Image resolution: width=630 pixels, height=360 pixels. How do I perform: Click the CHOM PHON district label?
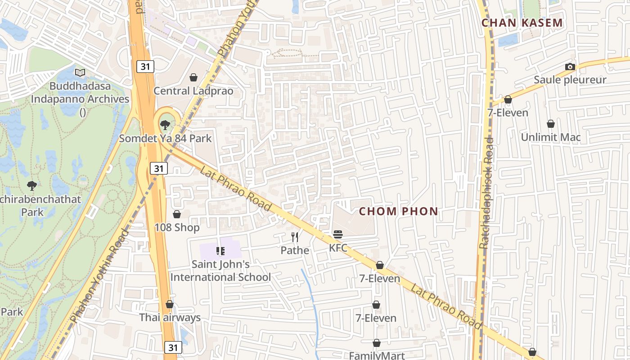click(398, 211)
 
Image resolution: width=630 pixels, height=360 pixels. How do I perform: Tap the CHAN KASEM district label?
click(522, 23)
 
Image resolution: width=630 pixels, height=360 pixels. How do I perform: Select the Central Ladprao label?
click(193, 91)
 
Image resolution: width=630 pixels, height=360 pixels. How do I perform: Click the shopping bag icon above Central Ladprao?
click(193, 77)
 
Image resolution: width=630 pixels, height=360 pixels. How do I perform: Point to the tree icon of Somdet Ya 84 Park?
click(165, 125)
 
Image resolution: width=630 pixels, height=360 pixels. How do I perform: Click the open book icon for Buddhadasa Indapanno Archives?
click(80, 72)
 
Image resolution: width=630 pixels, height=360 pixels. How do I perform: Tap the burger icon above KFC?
click(338, 234)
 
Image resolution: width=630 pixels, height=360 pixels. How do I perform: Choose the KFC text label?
click(338, 248)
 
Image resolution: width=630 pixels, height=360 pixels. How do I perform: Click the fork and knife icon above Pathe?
click(295, 237)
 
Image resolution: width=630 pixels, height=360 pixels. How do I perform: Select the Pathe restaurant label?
click(295, 250)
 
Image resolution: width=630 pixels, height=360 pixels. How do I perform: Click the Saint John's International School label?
click(220, 270)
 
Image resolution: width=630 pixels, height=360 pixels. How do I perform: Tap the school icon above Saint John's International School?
click(220, 251)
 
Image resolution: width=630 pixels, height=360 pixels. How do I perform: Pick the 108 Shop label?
click(177, 227)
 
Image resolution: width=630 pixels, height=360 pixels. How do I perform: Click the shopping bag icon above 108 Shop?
click(177, 214)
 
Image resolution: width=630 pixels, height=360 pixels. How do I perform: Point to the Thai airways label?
click(170, 317)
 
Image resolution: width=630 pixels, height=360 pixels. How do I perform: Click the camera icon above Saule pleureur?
click(570, 67)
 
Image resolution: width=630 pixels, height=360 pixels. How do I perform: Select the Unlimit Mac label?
click(551, 137)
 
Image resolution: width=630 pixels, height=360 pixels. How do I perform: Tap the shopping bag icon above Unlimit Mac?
click(551, 124)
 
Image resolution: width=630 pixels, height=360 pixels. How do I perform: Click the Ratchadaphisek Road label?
click(486, 193)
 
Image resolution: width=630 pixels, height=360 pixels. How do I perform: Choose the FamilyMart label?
click(377, 355)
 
